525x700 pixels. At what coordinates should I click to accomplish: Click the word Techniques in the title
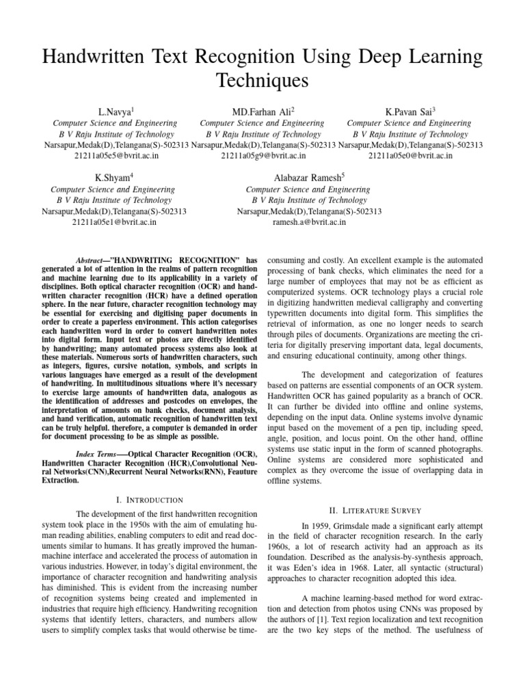point(262,81)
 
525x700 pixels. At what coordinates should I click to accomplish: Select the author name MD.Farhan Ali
point(262,111)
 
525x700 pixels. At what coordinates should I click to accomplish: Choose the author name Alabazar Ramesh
point(308,178)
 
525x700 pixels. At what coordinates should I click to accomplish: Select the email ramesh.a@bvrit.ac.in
point(309,222)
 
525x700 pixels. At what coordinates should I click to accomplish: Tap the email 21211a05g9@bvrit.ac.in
point(262,156)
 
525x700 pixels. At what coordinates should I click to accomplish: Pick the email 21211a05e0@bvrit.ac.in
point(409,156)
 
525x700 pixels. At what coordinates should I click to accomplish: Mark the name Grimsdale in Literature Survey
point(356,524)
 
